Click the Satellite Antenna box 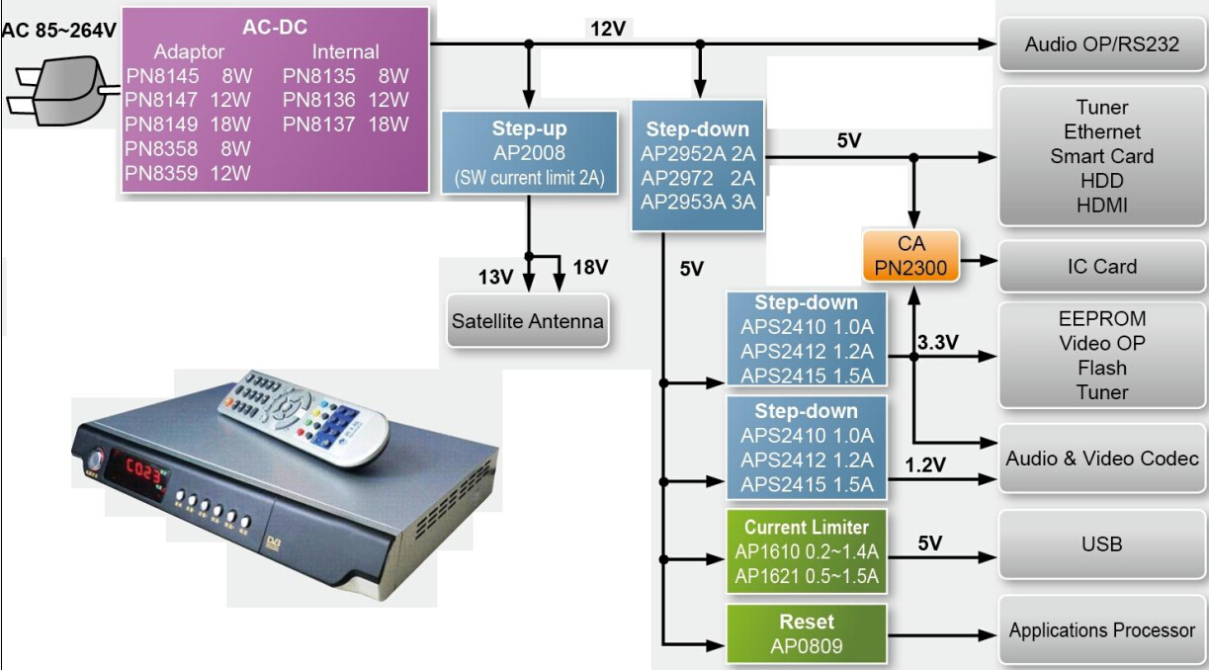pos(527,321)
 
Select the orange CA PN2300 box pos(910,255)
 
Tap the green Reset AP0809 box pos(806,634)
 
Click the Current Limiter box pos(806,551)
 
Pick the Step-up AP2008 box pos(529,152)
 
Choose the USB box pos(1102,544)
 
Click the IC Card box pos(1102,266)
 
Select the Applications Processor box pos(1102,630)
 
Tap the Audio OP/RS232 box pos(1102,43)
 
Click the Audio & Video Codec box pos(1102,459)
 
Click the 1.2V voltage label pos(925,464)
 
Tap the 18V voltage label pos(589,268)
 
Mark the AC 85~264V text pos(58,30)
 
